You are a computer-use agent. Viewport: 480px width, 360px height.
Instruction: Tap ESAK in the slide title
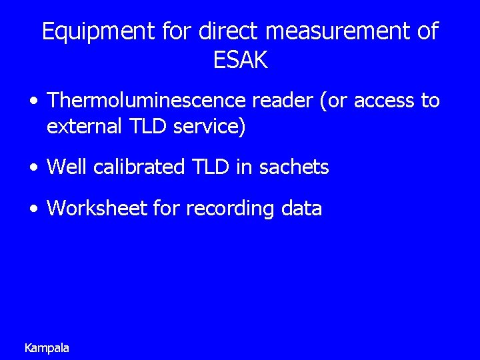240,61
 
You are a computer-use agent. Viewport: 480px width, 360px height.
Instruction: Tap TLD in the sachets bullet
211,167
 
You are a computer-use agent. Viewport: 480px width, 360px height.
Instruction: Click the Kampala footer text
47,348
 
